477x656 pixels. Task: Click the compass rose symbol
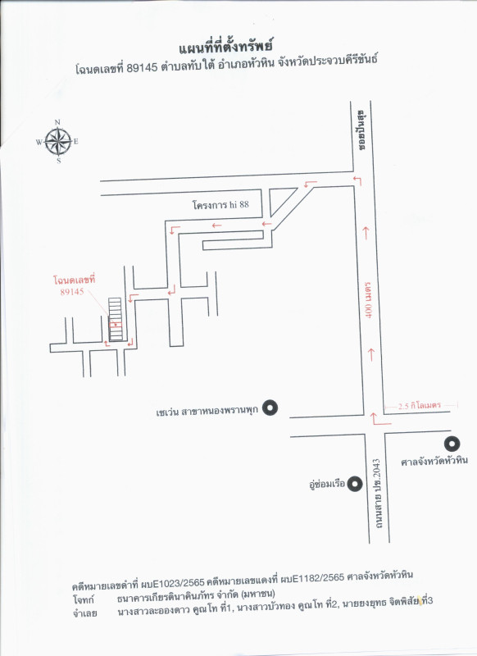(57, 142)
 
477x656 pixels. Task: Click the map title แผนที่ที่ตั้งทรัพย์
(225, 47)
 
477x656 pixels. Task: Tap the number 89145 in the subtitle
(142, 67)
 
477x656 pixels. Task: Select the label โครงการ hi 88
(220, 204)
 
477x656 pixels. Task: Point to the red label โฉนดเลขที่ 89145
(74, 285)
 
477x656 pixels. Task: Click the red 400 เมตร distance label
(369, 300)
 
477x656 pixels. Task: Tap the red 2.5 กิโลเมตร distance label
(420, 405)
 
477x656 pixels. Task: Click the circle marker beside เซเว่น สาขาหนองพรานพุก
(270, 408)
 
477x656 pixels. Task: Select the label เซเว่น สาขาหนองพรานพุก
(207, 412)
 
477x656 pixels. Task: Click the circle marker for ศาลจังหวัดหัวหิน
(452, 444)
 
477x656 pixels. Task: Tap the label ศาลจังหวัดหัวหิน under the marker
(434, 462)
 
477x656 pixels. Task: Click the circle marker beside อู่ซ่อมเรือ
(355, 484)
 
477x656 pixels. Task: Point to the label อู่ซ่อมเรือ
(327, 485)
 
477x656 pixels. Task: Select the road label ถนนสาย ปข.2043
(378, 494)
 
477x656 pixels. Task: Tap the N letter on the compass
(57, 122)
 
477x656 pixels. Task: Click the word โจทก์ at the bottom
(84, 600)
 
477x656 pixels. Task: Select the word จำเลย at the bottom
(85, 613)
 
